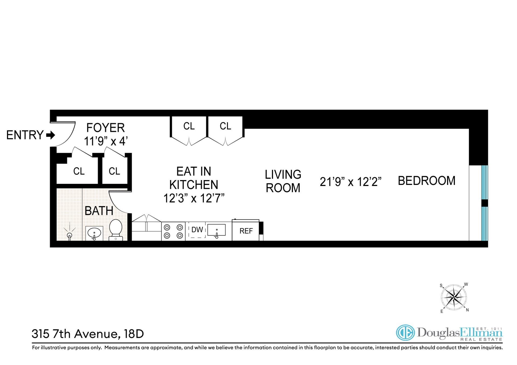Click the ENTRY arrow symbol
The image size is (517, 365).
coord(51,135)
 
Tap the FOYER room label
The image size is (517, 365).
coord(105,128)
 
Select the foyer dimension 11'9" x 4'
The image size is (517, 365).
coord(105,141)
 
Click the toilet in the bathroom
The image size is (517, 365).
coord(116,230)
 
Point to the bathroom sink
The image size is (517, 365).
coord(94,233)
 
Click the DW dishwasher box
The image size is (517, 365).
coord(197,230)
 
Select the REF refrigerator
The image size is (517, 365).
coord(246,231)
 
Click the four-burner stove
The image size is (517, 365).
coord(173,231)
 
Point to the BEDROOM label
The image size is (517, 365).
coord(427,181)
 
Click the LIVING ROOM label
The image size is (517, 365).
coord(283,181)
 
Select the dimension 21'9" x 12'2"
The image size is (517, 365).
coord(351,182)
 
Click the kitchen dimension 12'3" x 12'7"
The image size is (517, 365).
coord(194,199)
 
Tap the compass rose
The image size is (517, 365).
coord(454,298)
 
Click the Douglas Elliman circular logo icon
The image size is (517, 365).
coord(405,333)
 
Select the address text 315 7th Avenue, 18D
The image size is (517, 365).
coord(88,334)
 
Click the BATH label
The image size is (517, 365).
coord(99,211)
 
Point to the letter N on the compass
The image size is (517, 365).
coord(467,310)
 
